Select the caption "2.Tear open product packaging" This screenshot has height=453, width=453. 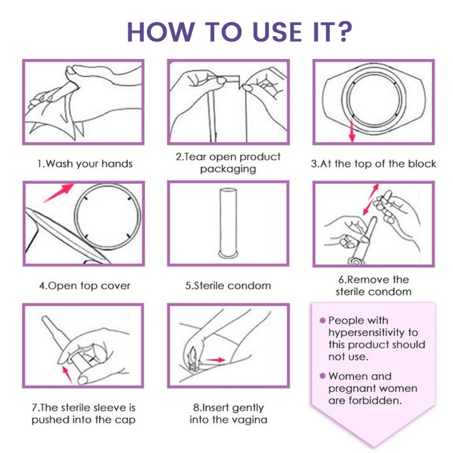(x=228, y=163)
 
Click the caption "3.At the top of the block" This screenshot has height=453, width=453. (x=374, y=164)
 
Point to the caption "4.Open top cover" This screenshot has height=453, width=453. (x=84, y=286)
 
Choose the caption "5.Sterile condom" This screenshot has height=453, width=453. (x=228, y=286)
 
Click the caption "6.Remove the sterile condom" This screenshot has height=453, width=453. (x=373, y=285)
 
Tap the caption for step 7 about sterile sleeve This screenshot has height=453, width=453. (x=83, y=413)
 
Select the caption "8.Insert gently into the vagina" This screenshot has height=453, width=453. (x=228, y=413)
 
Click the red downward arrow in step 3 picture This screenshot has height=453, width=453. (x=352, y=131)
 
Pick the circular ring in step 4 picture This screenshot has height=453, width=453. (x=108, y=217)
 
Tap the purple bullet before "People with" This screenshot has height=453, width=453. (x=323, y=320)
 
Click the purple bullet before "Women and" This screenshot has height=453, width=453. (x=323, y=376)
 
